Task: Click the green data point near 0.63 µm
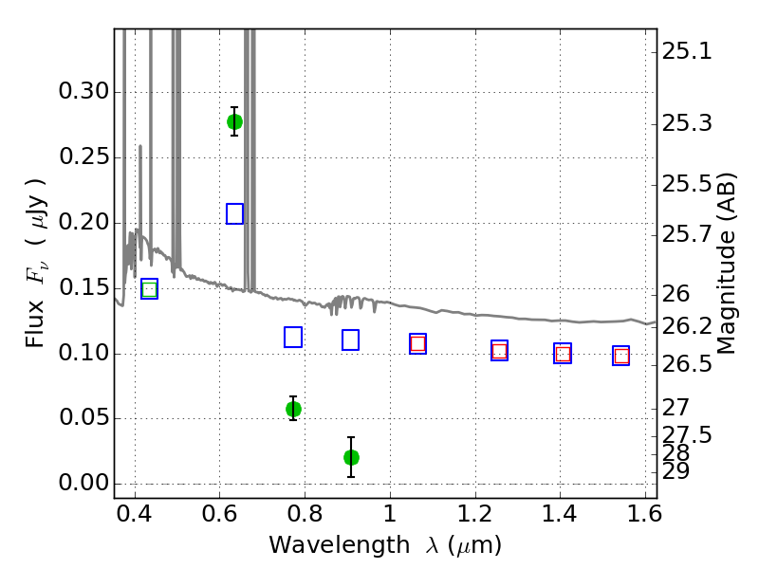tap(234, 122)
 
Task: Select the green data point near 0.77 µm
tap(293, 410)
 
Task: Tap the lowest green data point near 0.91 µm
tap(351, 457)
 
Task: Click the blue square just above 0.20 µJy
tap(234, 214)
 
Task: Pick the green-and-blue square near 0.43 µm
tap(150, 289)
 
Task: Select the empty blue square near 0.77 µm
tap(293, 338)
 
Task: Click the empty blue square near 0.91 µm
tap(350, 340)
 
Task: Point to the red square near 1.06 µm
tap(417, 344)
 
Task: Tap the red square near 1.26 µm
tap(500, 351)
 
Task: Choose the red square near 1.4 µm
tap(563, 354)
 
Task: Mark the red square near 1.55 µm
tap(621, 357)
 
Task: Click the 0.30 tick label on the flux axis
tap(83, 91)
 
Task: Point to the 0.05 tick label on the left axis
tap(83, 417)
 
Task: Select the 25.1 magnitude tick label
tap(687, 51)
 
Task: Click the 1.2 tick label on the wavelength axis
tap(475, 514)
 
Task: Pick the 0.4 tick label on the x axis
tap(135, 514)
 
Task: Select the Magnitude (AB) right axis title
tap(726, 264)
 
